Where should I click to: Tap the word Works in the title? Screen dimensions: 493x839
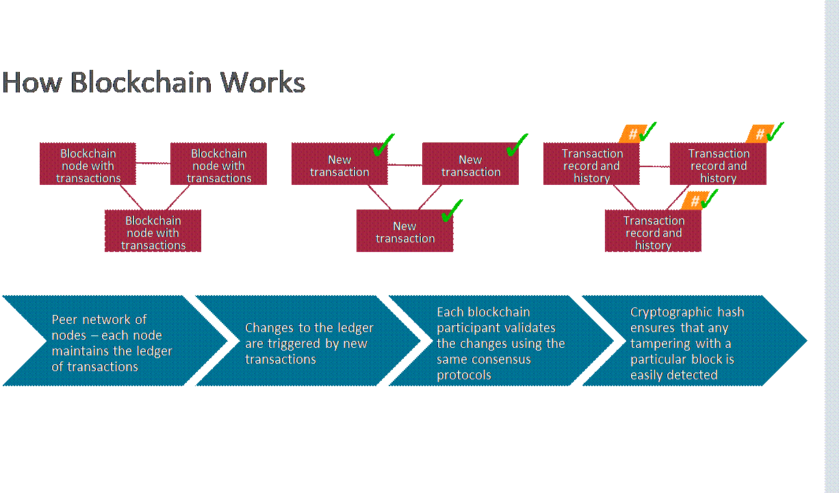tap(262, 83)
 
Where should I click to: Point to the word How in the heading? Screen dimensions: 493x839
tap(32, 83)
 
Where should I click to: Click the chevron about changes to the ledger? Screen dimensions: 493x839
tap(308, 341)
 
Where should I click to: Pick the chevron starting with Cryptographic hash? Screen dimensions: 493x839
tap(691, 341)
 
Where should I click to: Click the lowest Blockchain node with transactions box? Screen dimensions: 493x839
tap(153, 231)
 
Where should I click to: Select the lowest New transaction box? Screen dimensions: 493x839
tap(404, 231)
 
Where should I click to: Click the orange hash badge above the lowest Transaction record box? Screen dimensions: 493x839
tap(694, 201)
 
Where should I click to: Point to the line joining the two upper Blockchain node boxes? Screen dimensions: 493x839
tap(153, 163)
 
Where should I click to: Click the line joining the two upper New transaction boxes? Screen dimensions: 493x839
tap(404, 164)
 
